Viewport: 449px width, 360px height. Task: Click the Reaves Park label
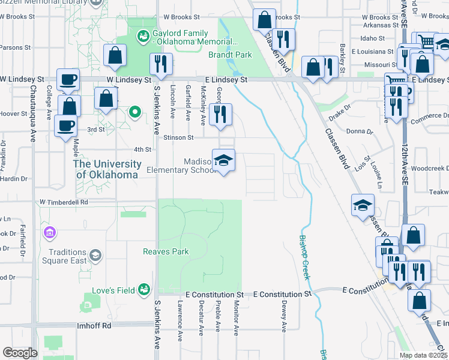[166, 252]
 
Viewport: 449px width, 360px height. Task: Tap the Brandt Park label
[230, 55]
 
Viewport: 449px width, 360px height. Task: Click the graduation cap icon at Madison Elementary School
[223, 160]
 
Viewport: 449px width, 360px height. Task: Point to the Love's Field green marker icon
[143, 290]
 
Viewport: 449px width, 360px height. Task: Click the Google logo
[20, 353]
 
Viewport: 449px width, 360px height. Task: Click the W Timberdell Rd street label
[64, 203]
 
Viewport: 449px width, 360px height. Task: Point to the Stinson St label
[178, 137]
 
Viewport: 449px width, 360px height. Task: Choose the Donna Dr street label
[360, 130]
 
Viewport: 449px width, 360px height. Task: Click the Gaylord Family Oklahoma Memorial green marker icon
[143, 37]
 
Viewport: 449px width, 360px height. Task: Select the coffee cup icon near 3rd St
[65, 126]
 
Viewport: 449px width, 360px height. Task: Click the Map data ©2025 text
[423, 355]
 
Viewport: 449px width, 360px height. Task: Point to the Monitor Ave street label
[236, 319]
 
